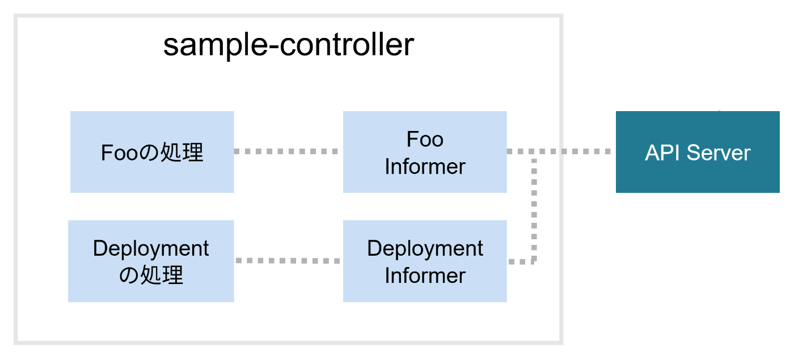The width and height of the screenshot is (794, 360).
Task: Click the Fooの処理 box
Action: coord(152,152)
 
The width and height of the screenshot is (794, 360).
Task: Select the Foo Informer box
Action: coord(425,152)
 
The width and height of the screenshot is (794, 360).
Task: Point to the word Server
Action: coord(719,153)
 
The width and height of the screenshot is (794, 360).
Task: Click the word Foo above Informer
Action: coord(425,139)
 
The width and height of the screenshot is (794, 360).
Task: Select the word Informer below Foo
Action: coord(425,167)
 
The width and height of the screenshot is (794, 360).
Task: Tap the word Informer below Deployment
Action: coord(425,276)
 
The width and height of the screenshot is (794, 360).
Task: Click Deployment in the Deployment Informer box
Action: coord(425,249)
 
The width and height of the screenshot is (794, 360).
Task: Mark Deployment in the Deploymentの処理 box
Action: coord(151,249)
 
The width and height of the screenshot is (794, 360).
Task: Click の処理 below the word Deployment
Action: coord(151,276)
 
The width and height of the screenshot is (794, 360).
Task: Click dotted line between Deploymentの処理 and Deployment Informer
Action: coord(288,261)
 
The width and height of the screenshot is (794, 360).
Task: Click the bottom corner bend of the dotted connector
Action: coord(534,261)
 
